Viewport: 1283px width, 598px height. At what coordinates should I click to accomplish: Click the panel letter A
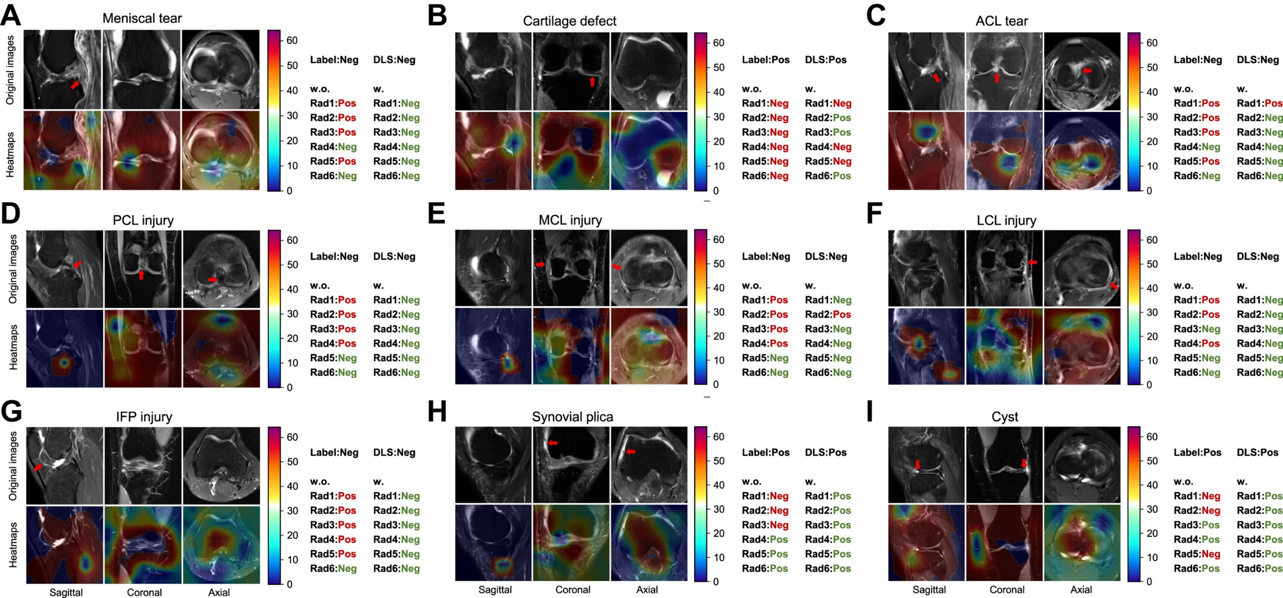(x=11, y=15)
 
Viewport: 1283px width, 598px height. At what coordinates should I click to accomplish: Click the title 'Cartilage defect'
(x=569, y=21)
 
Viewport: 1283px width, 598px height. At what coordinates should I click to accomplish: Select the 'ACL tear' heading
(x=1001, y=21)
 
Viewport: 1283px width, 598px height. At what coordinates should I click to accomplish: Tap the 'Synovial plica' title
(x=572, y=417)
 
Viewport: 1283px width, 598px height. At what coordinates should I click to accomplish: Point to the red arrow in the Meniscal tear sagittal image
(x=75, y=85)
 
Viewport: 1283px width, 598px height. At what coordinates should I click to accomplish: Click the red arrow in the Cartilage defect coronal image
(x=592, y=81)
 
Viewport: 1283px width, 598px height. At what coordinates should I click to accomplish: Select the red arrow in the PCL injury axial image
(x=212, y=279)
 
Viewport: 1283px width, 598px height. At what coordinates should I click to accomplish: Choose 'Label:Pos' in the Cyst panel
(x=1198, y=452)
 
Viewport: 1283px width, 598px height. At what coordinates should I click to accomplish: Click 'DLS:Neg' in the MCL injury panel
(x=826, y=256)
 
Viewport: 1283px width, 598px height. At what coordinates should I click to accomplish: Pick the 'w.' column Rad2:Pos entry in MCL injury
(x=828, y=314)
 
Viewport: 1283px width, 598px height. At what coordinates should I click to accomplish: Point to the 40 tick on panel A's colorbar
(x=292, y=90)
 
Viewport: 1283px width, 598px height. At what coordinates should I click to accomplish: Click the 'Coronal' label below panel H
(x=572, y=590)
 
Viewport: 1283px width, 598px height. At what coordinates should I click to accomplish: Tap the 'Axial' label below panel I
(x=1081, y=590)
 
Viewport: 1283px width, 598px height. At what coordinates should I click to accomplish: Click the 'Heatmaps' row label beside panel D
(x=13, y=348)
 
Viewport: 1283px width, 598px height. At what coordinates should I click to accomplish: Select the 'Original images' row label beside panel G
(x=13, y=466)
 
